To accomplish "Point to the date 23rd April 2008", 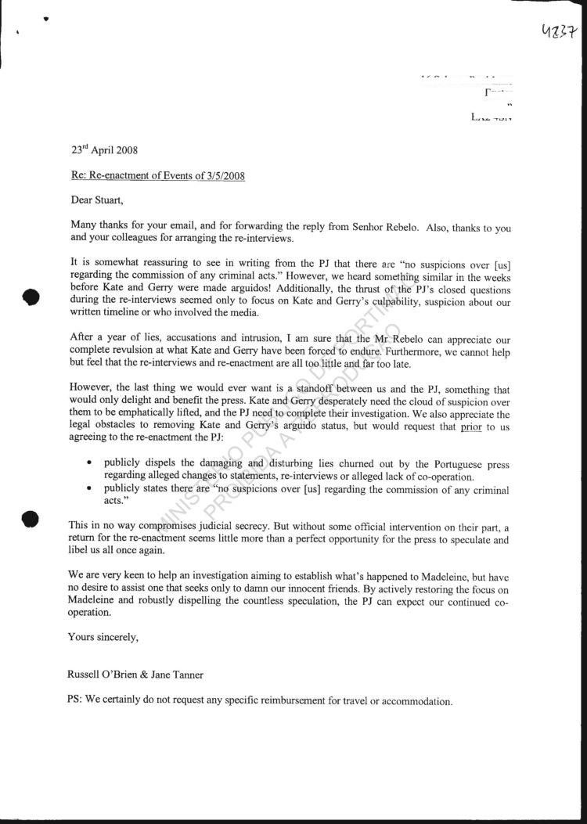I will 104,149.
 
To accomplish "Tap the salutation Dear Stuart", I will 97,200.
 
